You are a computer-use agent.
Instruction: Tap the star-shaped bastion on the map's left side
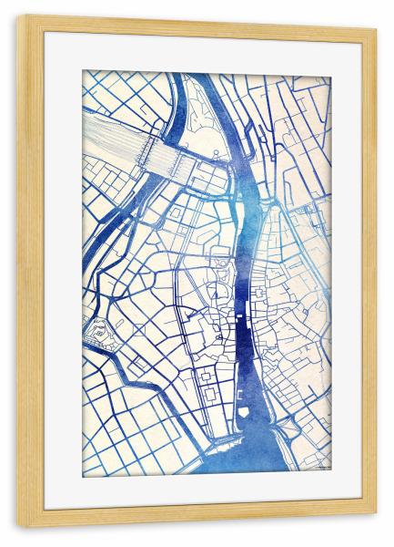point(98,333)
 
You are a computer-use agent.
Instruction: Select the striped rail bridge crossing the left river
point(167,162)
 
